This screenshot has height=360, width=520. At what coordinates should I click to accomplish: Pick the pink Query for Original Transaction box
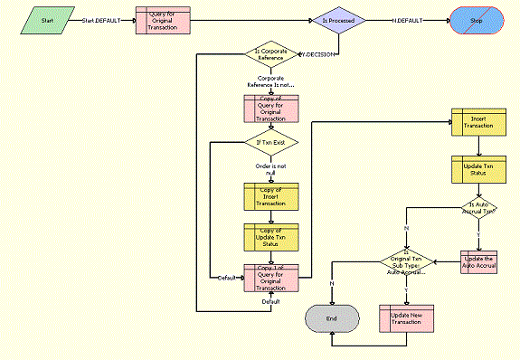[163, 20]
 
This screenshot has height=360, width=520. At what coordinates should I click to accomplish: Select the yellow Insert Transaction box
[477, 122]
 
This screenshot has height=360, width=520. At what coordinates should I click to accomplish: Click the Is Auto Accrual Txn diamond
[477, 209]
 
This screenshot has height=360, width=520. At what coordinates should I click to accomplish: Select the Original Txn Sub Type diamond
[405, 264]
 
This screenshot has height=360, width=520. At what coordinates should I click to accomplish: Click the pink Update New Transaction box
[405, 317]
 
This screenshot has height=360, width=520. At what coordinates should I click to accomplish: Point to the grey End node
[331, 318]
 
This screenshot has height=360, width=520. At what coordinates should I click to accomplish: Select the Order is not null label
[271, 169]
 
